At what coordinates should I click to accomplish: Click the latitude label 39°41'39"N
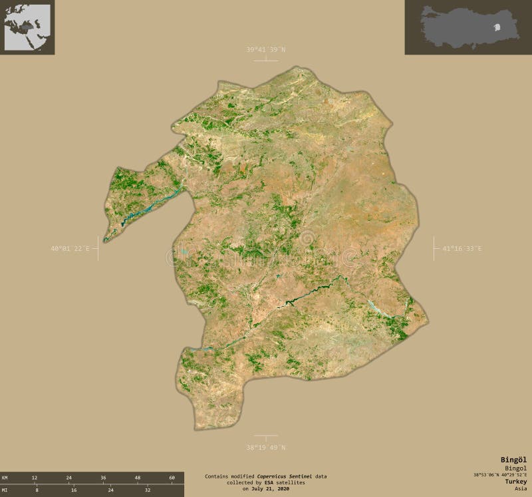coord(266,50)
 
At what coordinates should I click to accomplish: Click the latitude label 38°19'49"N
coord(266,447)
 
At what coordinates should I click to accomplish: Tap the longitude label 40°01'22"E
coord(70,249)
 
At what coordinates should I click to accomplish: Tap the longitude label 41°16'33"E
coord(462,249)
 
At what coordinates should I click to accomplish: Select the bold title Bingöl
coord(513,460)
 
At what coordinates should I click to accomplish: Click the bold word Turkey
coord(515,481)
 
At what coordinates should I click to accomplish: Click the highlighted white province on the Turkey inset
coord(497,28)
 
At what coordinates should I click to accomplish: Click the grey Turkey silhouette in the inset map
coord(459,27)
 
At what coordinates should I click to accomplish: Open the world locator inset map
coord(27,27)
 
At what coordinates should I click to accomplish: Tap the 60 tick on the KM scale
coord(172,478)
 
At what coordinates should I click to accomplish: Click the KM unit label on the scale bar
coord(5,478)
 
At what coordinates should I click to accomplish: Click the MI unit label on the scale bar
coord(5,489)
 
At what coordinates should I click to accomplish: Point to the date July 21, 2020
coord(271,489)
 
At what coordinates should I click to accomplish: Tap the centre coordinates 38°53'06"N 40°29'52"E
coord(500,474)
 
